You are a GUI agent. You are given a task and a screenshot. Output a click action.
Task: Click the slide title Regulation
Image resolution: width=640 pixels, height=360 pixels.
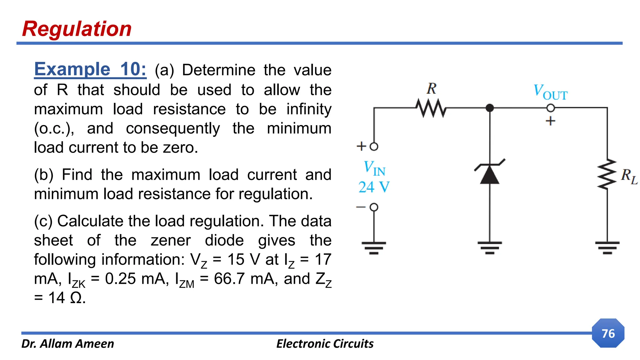tap(77, 29)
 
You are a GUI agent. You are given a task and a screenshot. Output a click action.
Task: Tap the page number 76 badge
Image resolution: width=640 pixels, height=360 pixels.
tap(608, 333)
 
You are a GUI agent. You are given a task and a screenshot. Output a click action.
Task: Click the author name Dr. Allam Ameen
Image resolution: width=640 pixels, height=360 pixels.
tap(67, 344)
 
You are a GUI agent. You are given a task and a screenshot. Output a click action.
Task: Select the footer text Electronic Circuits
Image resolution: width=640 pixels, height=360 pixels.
tap(325, 344)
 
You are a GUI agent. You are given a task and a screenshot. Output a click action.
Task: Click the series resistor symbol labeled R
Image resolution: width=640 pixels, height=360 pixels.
tap(431, 108)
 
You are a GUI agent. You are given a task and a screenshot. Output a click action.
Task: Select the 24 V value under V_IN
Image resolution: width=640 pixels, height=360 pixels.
tap(374, 187)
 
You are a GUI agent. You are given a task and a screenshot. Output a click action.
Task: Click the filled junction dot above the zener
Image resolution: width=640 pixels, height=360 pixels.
tap(490, 108)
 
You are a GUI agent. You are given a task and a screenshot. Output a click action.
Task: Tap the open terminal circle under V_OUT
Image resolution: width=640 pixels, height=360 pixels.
tap(550, 108)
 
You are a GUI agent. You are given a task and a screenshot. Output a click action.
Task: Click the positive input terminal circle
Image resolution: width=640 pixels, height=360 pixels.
tap(374, 147)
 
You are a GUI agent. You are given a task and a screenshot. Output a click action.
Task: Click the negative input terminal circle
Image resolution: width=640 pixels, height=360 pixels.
tap(374, 207)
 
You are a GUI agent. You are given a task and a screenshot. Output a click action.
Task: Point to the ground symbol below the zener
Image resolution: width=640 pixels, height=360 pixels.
tap(489, 247)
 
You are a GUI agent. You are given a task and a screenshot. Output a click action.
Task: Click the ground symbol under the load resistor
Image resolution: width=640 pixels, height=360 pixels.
tap(607, 247)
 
